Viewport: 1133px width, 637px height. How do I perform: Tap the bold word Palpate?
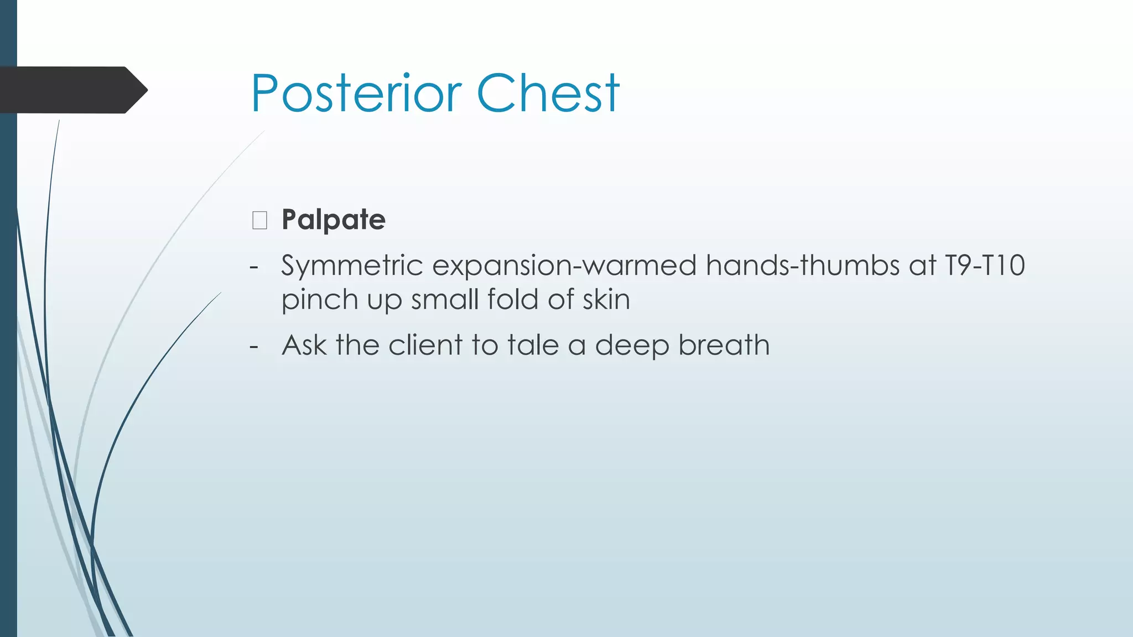click(x=333, y=220)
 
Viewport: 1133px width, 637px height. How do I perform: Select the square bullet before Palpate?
click(x=259, y=220)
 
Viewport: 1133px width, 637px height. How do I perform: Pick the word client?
click(x=425, y=345)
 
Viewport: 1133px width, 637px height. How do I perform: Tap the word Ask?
click(x=304, y=345)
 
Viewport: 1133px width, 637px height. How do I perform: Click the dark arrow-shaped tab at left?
click(x=72, y=90)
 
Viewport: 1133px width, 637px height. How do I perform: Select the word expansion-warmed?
click(x=564, y=266)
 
